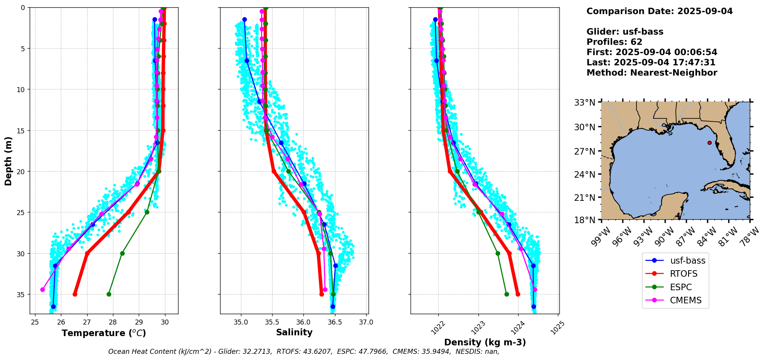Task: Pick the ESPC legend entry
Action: click(x=680, y=287)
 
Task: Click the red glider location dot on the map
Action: click(x=709, y=143)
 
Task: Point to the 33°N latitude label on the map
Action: click(x=585, y=103)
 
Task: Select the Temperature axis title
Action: click(x=104, y=333)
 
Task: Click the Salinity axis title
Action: click(x=294, y=332)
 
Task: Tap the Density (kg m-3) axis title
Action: click(x=485, y=342)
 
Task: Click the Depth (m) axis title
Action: click(x=8, y=161)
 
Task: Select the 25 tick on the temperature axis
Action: click(x=35, y=323)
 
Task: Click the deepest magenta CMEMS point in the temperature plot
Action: click(x=42, y=289)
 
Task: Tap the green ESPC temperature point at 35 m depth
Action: click(x=109, y=294)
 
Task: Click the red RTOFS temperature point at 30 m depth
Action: click(x=87, y=254)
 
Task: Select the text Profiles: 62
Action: click(x=614, y=42)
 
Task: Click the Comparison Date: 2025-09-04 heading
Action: click(x=659, y=11)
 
